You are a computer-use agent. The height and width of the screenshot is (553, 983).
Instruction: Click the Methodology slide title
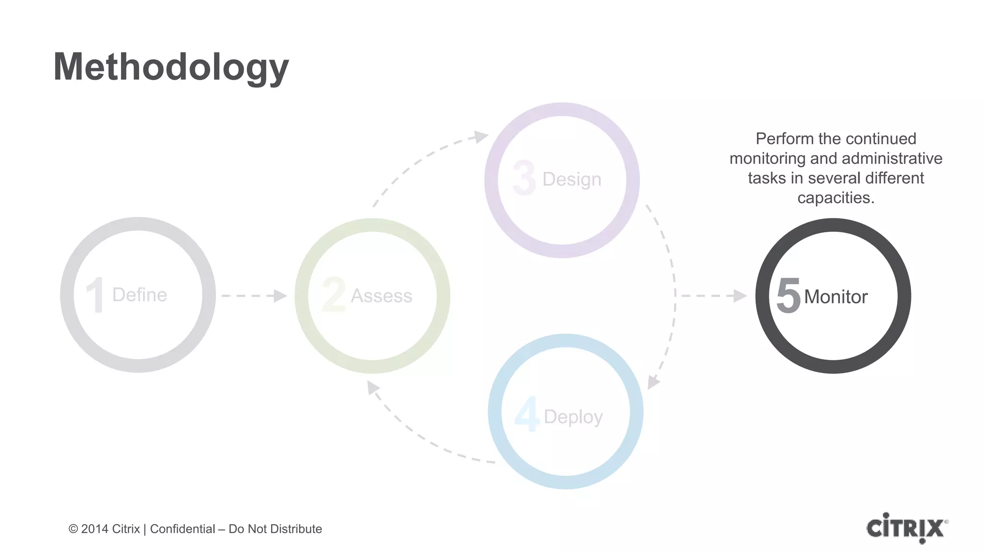coord(171,67)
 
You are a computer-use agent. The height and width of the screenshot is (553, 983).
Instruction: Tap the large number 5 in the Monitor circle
coord(788,296)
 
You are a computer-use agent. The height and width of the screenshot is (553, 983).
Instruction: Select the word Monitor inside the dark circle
coord(836,297)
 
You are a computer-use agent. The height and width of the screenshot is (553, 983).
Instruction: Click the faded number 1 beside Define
coord(95,295)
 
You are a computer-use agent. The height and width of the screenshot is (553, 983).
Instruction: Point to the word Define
coord(140,295)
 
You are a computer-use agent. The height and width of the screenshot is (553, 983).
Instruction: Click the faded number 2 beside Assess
coord(334,295)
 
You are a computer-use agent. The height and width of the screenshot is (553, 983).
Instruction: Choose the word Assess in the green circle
coord(382,296)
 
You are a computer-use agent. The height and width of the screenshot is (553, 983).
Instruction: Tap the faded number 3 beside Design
coord(524,178)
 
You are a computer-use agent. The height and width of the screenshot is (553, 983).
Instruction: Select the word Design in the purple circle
coord(572,180)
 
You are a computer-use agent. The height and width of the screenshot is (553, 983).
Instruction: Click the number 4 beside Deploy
coord(527,414)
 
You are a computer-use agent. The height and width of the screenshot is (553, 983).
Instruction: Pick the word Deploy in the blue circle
coord(573,417)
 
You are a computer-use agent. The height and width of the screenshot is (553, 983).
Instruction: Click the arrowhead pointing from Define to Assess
coord(280,296)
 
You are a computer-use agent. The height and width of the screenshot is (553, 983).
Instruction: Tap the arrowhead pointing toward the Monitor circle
coord(740,296)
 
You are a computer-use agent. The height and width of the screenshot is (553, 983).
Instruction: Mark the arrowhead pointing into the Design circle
coord(480,136)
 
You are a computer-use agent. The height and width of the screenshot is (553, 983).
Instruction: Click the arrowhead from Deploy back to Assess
coord(373,387)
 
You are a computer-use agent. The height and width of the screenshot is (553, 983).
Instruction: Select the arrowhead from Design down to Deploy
coord(653,382)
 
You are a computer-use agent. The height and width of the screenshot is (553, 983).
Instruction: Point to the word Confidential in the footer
coord(182,529)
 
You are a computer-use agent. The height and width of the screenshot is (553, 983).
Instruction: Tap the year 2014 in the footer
coord(95,529)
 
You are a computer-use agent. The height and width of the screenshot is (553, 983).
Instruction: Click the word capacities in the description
coord(836,198)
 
